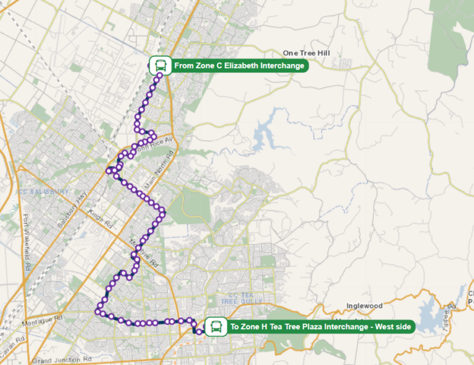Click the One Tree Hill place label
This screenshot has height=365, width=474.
click(x=306, y=54)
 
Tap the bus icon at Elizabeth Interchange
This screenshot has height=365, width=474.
click(x=160, y=65)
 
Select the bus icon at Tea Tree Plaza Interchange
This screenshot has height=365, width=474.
click(x=215, y=326)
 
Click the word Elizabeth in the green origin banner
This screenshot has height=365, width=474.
click(x=245, y=65)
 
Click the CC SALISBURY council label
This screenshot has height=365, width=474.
click(x=43, y=192)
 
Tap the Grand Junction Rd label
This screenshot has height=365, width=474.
click(x=62, y=359)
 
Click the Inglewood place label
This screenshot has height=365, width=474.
click(x=365, y=306)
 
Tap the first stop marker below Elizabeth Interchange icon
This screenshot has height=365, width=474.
click(x=160, y=77)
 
